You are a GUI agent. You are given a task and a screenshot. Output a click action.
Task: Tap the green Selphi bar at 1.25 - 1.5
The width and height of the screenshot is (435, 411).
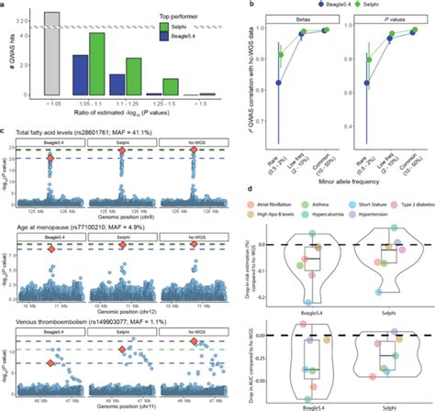click(170, 88)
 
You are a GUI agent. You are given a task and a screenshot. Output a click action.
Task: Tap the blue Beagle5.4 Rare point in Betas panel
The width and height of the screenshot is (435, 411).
click(277, 83)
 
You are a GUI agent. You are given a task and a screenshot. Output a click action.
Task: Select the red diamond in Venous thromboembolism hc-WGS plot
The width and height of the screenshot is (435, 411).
click(193, 341)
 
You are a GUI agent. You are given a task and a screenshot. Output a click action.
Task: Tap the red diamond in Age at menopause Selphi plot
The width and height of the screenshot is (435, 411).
click(122, 245)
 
